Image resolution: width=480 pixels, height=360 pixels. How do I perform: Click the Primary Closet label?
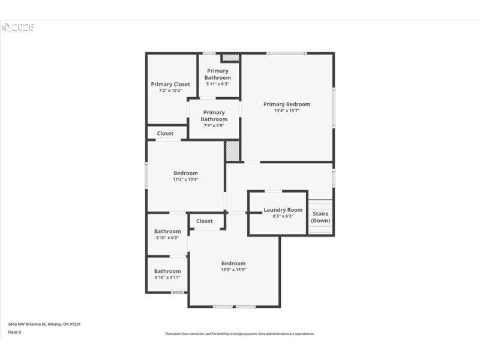[x=170, y=84]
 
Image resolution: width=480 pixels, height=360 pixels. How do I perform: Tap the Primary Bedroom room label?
[x=287, y=104]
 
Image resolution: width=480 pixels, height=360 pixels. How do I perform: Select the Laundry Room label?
[x=283, y=210]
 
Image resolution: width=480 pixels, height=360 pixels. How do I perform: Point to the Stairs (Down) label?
[x=320, y=217]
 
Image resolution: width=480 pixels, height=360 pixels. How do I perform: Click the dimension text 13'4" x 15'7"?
[x=287, y=110]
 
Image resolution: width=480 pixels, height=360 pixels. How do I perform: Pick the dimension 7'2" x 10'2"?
[x=170, y=91]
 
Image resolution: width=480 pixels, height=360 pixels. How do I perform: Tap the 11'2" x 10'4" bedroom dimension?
[x=185, y=179]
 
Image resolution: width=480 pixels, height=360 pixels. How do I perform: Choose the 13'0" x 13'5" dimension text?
[x=233, y=270]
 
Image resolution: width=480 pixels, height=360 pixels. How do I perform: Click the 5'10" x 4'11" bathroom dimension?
[x=167, y=278]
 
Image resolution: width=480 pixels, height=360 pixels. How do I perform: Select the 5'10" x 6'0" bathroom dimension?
[x=167, y=238]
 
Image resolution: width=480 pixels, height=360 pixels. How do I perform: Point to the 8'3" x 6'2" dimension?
[x=283, y=217]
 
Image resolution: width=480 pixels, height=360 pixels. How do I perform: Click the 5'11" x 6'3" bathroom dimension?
[x=217, y=84]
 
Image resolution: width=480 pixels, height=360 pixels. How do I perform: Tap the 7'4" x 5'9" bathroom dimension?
[x=214, y=125]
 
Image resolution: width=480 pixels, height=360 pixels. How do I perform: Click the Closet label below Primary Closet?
[x=165, y=133]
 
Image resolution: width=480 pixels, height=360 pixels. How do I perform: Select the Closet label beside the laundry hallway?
[x=205, y=221]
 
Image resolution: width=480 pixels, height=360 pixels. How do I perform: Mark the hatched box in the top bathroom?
[x=230, y=58]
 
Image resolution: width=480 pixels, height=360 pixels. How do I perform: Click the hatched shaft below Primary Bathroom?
[x=233, y=151]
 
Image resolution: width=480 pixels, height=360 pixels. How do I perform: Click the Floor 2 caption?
[x=14, y=332]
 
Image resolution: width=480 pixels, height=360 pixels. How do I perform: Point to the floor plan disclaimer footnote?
[x=240, y=334]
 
